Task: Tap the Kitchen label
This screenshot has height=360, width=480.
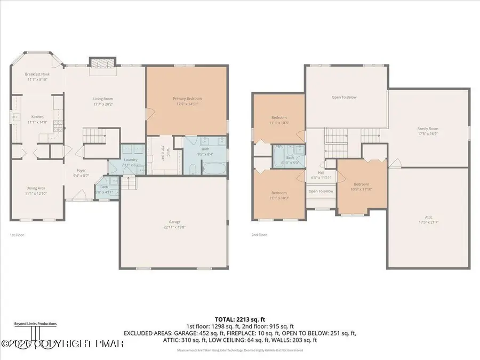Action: (x=37, y=117)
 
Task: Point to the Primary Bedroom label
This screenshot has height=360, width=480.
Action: (x=187, y=99)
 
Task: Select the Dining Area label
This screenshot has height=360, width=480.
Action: (x=37, y=188)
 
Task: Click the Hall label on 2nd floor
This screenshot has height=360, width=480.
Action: (x=321, y=172)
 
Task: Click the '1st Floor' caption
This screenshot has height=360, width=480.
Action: (x=17, y=235)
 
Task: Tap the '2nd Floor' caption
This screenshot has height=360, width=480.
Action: (x=259, y=235)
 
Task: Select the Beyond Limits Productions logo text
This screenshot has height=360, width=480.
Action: (x=35, y=323)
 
